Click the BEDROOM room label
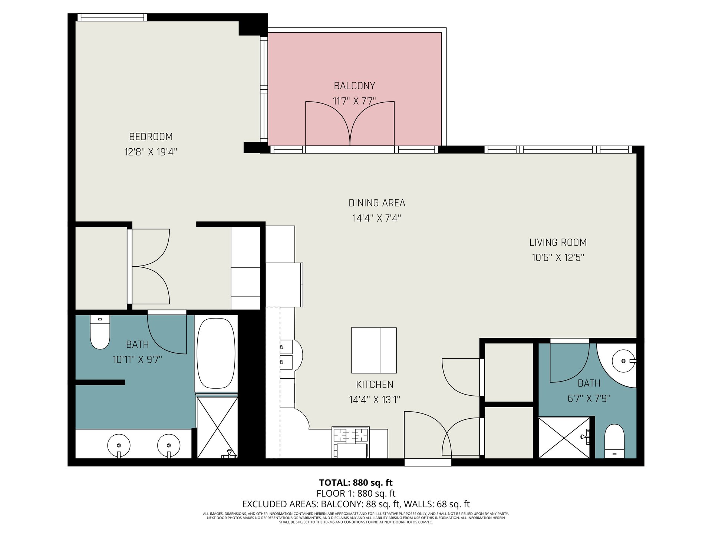(x=151, y=137)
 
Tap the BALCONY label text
(x=355, y=86)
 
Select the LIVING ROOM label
(x=558, y=243)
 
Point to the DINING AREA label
(x=377, y=203)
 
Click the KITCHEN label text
(x=375, y=385)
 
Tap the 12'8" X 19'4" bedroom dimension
(x=151, y=152)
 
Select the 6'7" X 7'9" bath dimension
(x=589, y=399)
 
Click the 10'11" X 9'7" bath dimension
(x=138, y=359)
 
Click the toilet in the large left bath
(x=100, y=332)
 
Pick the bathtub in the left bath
(x=216, y=353)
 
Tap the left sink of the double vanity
(x=119, y=445)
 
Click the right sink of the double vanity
(x=169, y=445)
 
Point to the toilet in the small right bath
(x=614, y=441)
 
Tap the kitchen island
(x=374, y=350)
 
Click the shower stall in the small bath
(x=564, y=438)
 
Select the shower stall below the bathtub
(x=217, y=428)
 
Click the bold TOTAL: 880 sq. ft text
(x=356, y=483)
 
